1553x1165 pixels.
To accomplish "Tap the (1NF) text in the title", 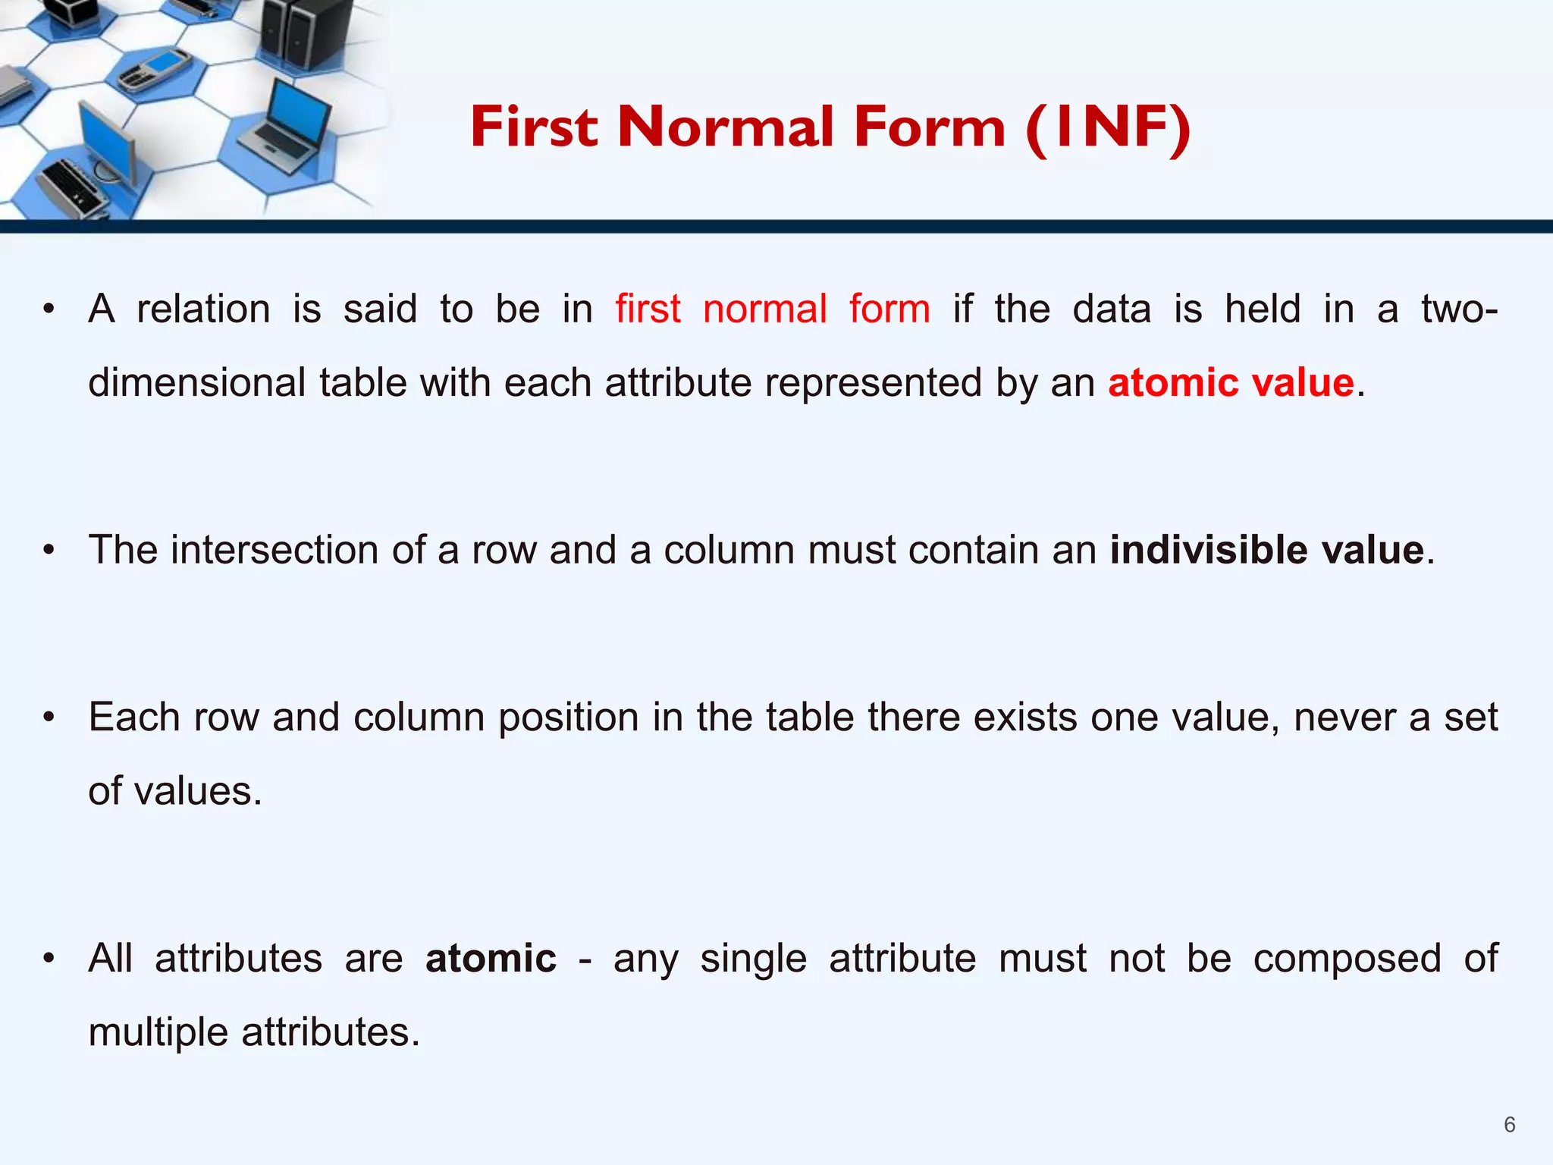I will (x=1108, y=127).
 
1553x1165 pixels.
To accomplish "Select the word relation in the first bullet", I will (x=203, y=309).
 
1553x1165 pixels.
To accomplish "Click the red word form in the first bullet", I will (x=889, y=309).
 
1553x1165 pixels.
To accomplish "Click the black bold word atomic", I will (x=491, y=958).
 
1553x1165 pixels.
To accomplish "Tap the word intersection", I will (x=275, y=550).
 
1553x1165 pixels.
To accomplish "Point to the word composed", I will (x=1347, y=958).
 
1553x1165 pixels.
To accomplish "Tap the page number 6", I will (x=1509, y=1125).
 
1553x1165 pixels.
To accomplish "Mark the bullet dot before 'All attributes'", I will (x=49, y=959).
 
